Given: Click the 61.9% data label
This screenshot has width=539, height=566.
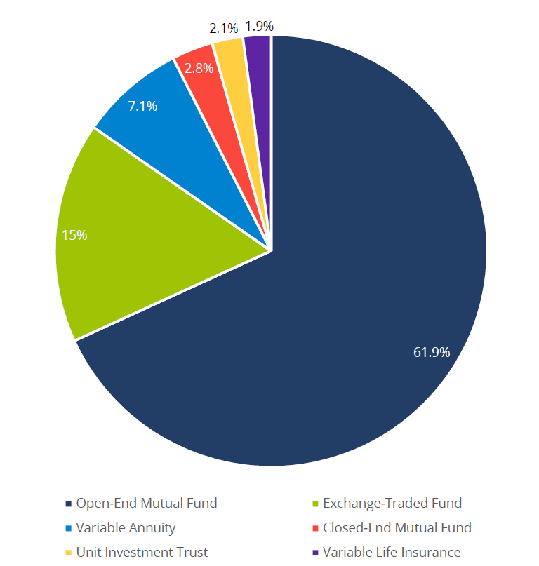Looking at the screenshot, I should coord(431,352).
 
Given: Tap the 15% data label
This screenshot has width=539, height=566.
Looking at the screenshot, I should coord(74,236).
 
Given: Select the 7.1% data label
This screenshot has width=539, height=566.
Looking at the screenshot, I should coord(142,107).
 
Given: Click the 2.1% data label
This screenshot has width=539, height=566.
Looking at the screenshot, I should coord(223,29).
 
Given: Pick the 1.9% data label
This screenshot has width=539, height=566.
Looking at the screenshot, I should coord(259,27).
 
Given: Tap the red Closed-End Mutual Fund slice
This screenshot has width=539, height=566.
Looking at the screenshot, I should coord(211,84).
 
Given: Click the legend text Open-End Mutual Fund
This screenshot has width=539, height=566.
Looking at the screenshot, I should coord(147,503).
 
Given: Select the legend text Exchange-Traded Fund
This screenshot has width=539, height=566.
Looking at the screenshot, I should coord(392,503).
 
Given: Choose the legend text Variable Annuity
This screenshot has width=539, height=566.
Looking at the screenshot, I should coord(126,527).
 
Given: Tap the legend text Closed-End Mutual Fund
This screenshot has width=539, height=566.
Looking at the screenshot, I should coord(397,527).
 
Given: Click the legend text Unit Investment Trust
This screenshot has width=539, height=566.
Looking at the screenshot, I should coord(142,552).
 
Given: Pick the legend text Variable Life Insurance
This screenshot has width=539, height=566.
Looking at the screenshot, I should coord(391,552).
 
